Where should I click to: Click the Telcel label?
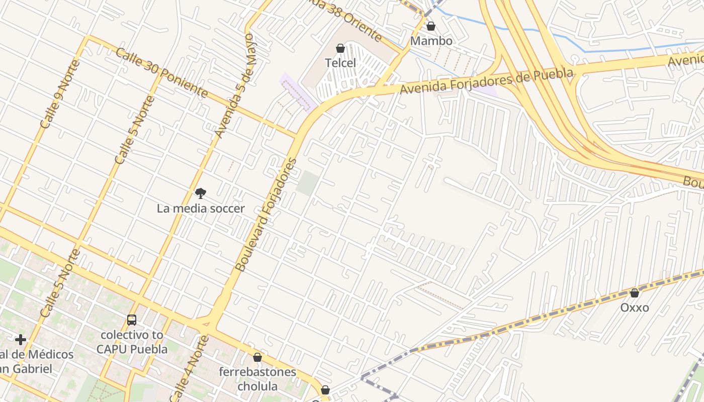[x=340, y=63]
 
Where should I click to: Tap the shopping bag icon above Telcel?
[x=340, y=48]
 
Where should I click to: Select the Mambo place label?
[x=431, y=41]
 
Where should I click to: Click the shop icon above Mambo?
[x=431, y=26]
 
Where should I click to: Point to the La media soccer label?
[x=201, y=208]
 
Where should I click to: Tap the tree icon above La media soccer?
[x=201, y=193]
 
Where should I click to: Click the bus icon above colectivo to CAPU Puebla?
[x=132, y=320]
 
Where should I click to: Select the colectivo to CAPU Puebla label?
[x=132, y=342]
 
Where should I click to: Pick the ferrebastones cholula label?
[x=257, y=379]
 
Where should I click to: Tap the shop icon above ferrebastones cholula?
[x=257, y=357]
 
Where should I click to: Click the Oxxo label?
[x=635, y=308]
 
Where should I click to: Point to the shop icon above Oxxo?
[x=635, y=292]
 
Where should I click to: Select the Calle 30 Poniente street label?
[x=161, y=72]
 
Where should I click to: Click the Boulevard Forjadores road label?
[x=266, y=215]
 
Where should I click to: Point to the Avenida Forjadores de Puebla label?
[x=486, y=81]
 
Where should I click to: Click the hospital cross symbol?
[x=21, y=340]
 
